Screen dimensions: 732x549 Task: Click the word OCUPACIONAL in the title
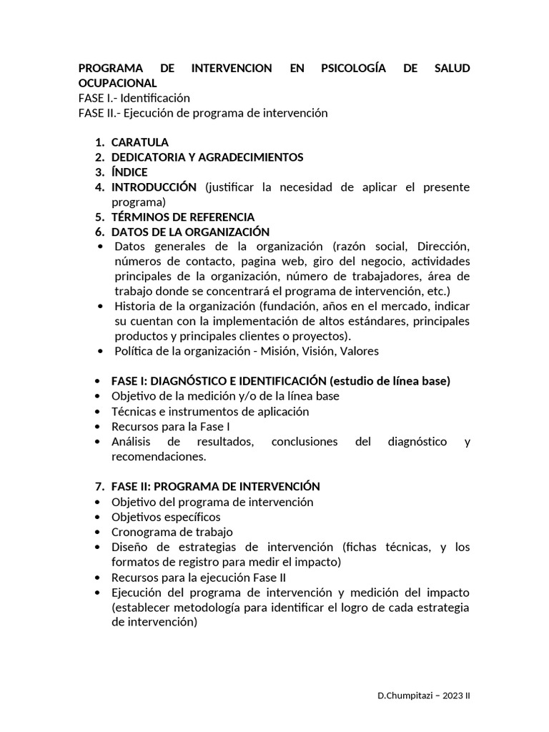click(x=117, y=83)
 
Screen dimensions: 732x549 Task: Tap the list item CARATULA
click(x=140, y=142)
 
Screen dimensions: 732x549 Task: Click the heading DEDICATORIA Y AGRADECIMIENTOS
click(x=207, y=157)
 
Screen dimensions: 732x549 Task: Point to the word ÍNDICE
click(x=129, y=172)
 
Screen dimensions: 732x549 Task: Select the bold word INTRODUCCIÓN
click(x=154, y=187)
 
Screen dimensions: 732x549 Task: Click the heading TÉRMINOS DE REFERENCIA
click(x=182, y=217)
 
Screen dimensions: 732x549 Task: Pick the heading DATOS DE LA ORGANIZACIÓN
click(x=190, y=232)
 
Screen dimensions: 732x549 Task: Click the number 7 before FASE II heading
click(x=99, y=486)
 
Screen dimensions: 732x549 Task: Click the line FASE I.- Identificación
click(x=134, y=98)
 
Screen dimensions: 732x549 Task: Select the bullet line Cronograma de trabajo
click(x=172, y=532)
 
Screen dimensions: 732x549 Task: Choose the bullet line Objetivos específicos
click(x=166, y=517)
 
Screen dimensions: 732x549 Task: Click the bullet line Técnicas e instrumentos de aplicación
click(x=210, y=412)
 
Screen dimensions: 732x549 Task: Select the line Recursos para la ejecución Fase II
click(x=199, y=578)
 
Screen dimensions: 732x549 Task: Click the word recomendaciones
click(x=158, y=456)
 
